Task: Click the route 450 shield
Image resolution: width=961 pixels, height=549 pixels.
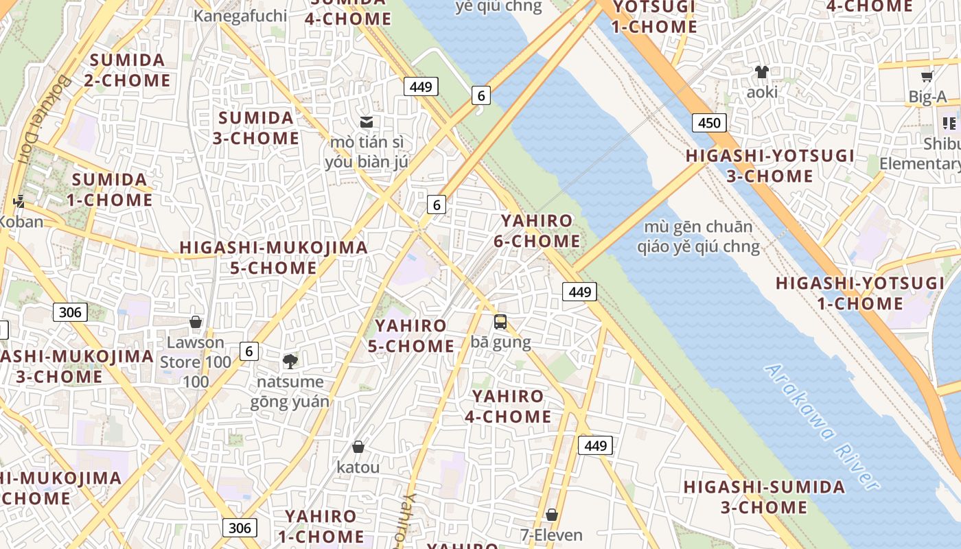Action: click(708, 123)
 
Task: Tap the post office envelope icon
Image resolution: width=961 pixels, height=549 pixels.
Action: click(367, 122)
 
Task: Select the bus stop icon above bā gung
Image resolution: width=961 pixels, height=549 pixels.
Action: click(500, 321)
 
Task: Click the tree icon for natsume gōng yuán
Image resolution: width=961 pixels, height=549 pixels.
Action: click(290, 361)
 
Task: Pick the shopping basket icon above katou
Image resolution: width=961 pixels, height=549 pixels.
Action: click(358, 447)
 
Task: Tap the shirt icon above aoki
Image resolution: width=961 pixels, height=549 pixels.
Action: click(761, 71)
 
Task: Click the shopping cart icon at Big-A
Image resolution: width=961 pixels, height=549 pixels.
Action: click(927, 77)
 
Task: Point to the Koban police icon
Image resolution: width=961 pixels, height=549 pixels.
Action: click(19, 202)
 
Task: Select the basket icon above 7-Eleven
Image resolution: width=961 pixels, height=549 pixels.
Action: click(551, 515)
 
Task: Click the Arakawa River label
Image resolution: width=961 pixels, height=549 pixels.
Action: click(822, 428)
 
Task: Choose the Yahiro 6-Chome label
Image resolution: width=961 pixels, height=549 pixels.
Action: click(537, 231)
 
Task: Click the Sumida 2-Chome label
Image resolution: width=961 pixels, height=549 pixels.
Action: click(127, 70)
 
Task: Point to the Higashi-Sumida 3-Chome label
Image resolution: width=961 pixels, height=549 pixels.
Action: click(764, 498)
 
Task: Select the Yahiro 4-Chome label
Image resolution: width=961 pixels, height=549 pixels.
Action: click(508, 406)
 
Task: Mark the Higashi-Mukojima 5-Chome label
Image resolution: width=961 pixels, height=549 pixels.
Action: click(273, 257)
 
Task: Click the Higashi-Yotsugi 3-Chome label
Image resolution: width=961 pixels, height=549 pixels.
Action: click(769, 166)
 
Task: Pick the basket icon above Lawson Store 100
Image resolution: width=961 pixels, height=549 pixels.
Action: click(196, 322)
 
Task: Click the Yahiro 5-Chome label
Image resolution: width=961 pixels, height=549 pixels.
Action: click(410, 336)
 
